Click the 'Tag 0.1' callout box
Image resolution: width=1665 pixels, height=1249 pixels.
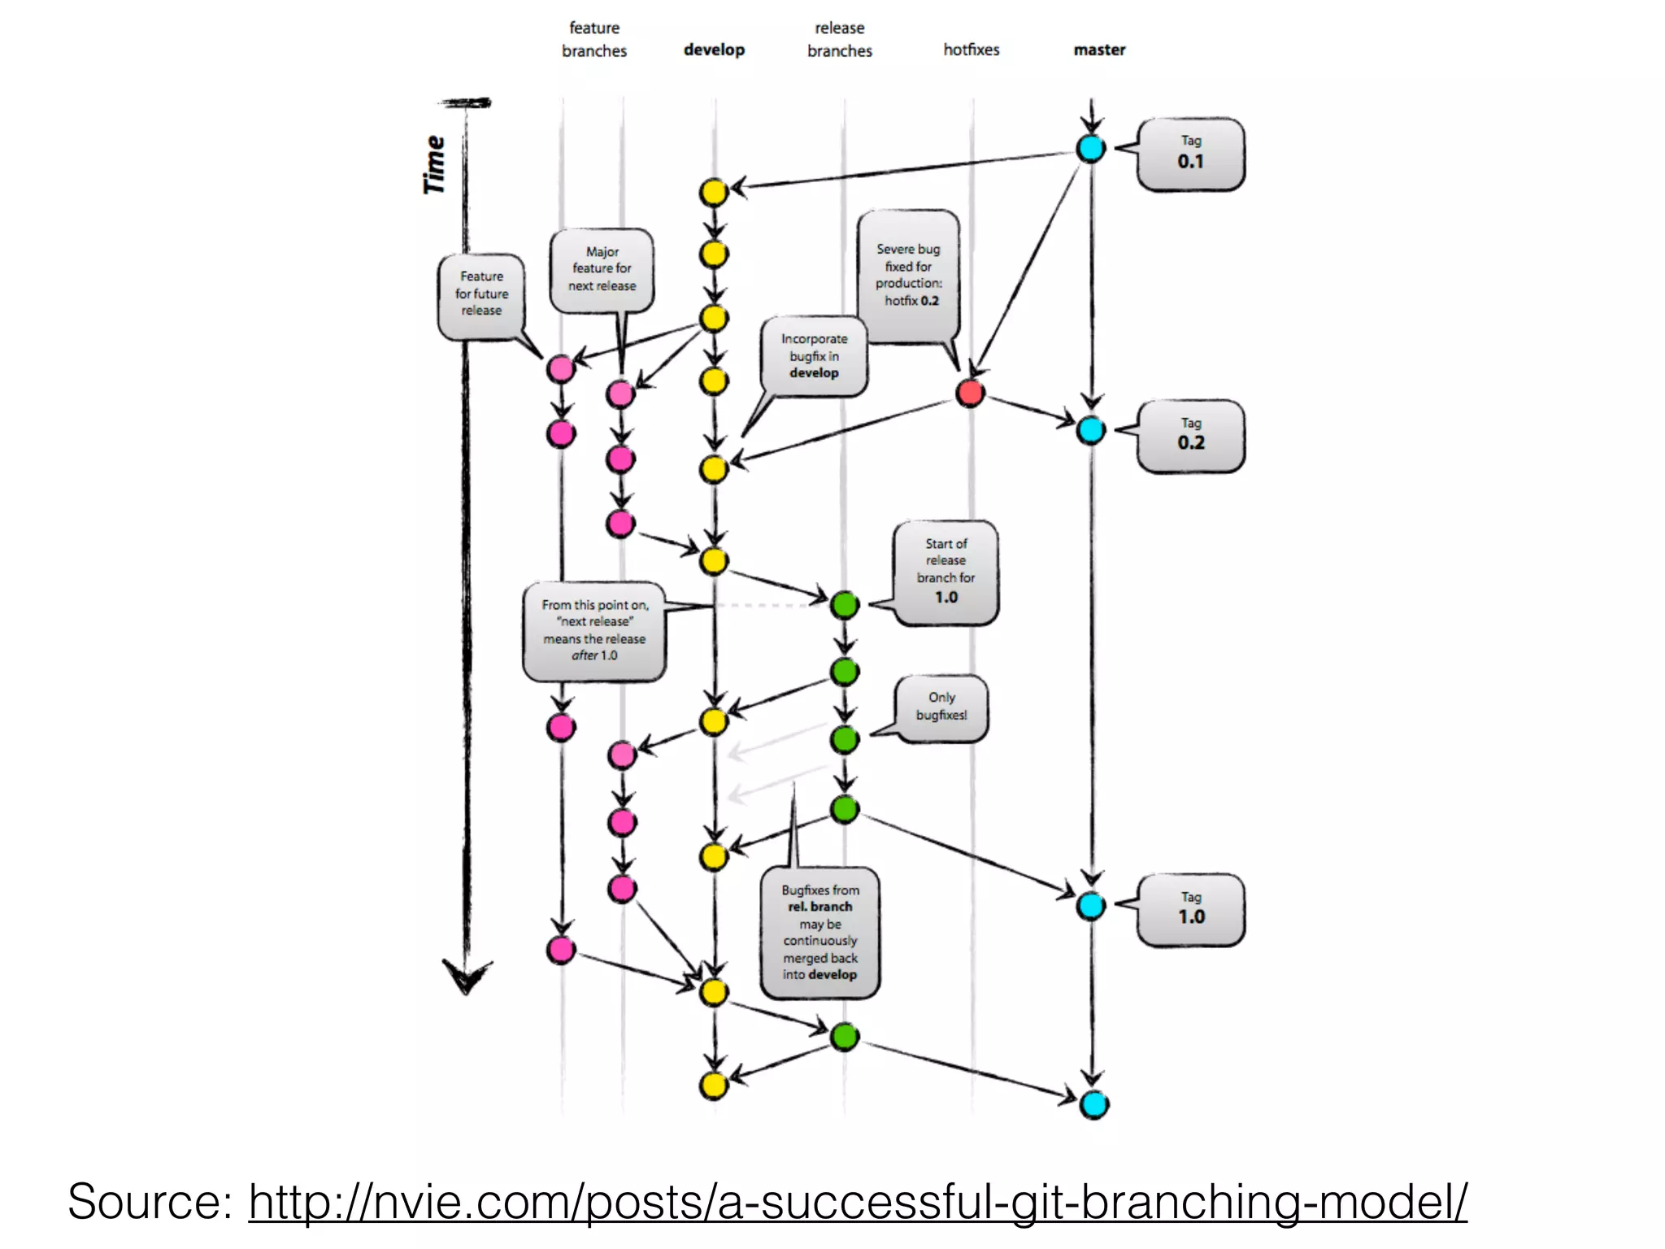(x=1190, y=154)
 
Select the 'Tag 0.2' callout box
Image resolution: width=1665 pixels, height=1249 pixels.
(x=1190, y=437)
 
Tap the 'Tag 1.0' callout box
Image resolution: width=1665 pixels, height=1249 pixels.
(x=1190, y=910)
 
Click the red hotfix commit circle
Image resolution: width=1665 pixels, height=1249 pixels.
(x=970, y=393)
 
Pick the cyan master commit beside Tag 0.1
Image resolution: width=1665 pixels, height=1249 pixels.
(x=1090, y=149)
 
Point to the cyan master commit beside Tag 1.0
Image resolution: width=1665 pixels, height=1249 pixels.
(x=1090, y=905)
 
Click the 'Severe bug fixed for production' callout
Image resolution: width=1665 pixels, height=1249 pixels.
(x=908, y=275)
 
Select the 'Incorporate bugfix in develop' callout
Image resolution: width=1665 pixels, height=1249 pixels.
(x=814, y=356)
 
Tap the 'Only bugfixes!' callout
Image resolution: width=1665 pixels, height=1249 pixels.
(x=941, y=707)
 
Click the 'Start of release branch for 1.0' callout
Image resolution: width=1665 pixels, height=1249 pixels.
(x=946, y=572)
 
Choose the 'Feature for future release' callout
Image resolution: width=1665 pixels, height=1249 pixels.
(x=481, y=294)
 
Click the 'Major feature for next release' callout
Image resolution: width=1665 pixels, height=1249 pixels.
(x=602, y=270)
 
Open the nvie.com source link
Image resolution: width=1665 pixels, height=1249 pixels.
(x=857, y=1201)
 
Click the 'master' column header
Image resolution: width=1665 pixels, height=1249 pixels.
(x=1099, y=50)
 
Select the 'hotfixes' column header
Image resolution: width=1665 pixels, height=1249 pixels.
(x=971, y=50)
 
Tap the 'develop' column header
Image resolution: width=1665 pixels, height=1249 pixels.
(x=714, y=50)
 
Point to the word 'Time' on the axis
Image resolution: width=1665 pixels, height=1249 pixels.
(x=435, y=165)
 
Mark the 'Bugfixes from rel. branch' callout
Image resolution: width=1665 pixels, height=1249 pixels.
(x=819, y=932)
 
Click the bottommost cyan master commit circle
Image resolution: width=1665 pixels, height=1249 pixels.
(x=1093, y=1104)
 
